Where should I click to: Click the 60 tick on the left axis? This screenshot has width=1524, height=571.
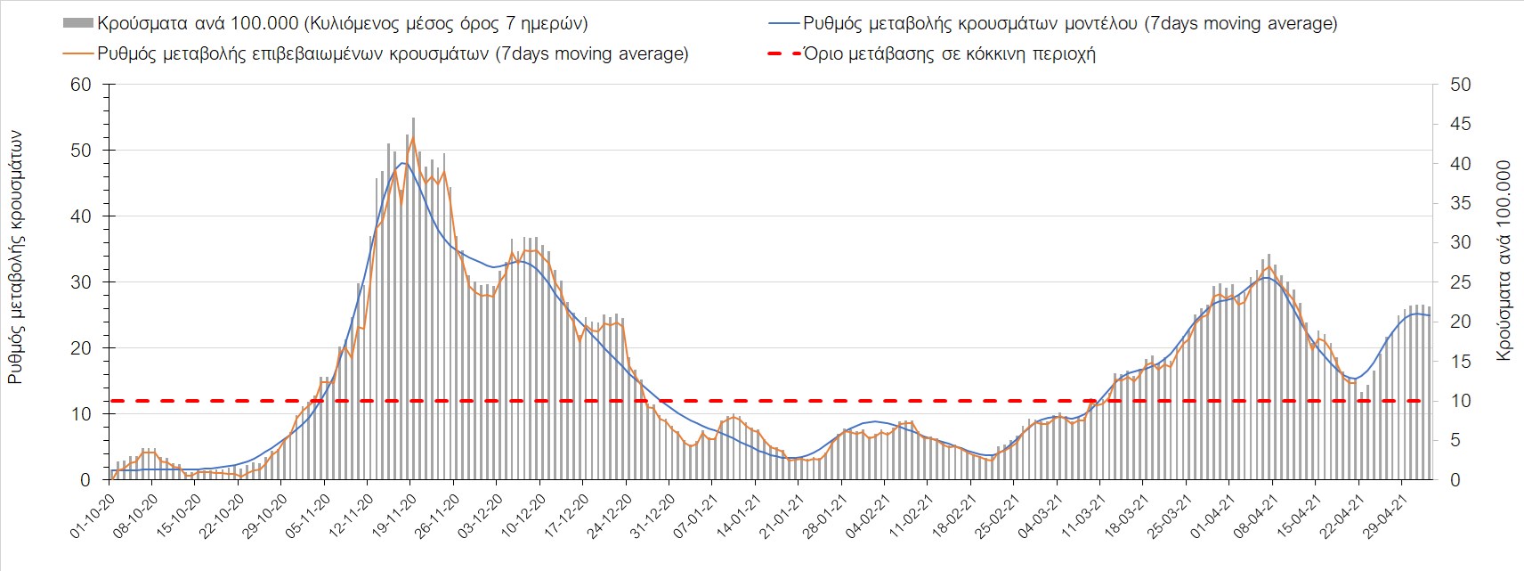(81, 85)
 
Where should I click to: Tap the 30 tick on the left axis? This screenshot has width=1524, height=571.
(81, 282)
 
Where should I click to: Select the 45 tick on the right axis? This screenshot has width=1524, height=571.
(1460, 124)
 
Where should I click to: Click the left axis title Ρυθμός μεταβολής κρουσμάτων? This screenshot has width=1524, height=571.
(15, 257)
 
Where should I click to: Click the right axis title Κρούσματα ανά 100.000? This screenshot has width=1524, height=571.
(1504, 260)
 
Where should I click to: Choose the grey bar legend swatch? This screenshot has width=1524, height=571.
(77, 23)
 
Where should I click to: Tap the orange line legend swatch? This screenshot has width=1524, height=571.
(77, 53)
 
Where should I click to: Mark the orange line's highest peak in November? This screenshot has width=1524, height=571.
(413, 137)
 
